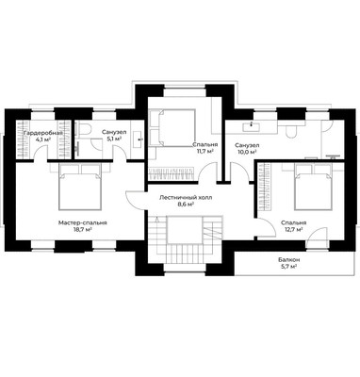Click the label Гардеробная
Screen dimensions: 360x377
43,133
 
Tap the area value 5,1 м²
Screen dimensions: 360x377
114,139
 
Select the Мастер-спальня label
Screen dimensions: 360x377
83,222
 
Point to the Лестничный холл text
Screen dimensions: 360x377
186,198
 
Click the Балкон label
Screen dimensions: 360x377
288,260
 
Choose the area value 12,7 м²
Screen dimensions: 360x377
294,229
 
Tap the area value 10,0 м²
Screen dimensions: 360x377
247,152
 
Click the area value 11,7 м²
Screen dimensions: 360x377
205,151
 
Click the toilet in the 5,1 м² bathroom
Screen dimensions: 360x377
84,129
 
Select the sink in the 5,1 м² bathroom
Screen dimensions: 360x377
139,139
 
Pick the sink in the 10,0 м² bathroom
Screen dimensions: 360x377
251,126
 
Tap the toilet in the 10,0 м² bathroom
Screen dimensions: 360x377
291,131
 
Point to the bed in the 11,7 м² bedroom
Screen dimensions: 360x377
172,127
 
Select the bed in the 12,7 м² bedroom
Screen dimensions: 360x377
313,187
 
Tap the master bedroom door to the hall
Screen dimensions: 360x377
135,201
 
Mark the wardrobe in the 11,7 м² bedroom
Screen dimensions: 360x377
170,173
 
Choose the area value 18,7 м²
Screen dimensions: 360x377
83,229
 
